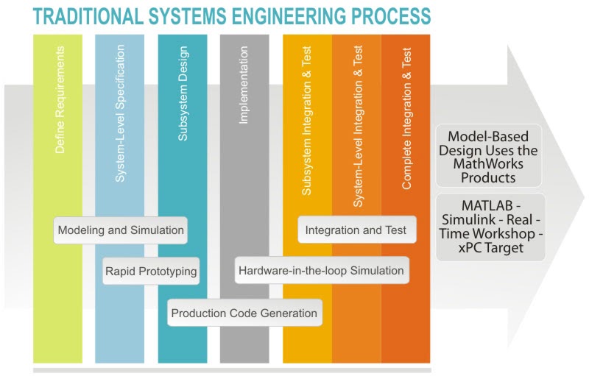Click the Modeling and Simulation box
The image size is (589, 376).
click(121, 230)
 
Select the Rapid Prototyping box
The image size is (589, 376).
click(151, 272)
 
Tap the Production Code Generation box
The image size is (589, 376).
click(244, 313)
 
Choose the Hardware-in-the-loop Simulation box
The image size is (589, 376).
click(322, 271)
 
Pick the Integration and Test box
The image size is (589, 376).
click(356, 230)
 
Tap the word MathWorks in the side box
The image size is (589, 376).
click(489, 164)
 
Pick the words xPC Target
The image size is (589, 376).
click(489, 248)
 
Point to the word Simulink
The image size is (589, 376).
click(476, 220)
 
